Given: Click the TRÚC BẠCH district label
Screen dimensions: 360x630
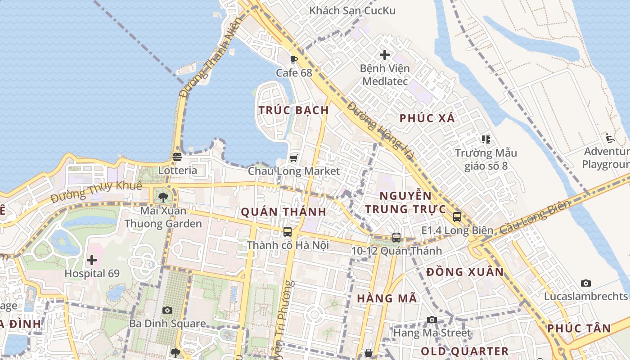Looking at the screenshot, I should click(293, 110).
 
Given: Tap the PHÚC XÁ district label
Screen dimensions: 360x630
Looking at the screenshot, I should click(427, 118).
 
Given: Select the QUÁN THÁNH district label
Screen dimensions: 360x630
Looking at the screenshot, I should click(283, 212).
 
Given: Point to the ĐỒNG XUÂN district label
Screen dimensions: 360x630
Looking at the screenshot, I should click(465, 272).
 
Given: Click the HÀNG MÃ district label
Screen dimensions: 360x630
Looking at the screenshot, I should click(387, 298).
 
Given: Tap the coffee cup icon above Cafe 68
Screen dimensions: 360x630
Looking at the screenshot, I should click(294, 59).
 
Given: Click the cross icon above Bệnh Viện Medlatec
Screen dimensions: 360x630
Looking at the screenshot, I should click(385, 55).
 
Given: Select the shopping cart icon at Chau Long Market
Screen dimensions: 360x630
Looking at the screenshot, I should click(294, 158).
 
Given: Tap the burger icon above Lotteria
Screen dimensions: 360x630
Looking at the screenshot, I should click(177, 157).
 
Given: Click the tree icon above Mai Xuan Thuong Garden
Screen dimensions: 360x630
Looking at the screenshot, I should click(163, 197).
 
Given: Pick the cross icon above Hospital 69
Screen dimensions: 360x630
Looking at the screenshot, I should click(92, 260).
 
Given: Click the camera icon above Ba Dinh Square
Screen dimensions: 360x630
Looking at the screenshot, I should click(167, 310).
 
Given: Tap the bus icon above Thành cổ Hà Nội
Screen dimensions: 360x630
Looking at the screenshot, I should click(288, 232).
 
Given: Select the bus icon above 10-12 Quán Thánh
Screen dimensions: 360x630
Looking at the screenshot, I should click(396, 237).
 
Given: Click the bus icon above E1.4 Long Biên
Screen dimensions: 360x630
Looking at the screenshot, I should click(457, 217).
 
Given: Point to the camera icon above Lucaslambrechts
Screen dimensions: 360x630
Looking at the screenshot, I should click(585, 283).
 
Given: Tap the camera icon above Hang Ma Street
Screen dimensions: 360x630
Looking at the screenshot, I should click(432, 319).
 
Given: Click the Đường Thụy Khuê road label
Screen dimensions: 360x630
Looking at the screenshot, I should click(96, 192).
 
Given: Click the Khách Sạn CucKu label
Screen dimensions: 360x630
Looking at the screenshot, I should click(352, 10).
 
